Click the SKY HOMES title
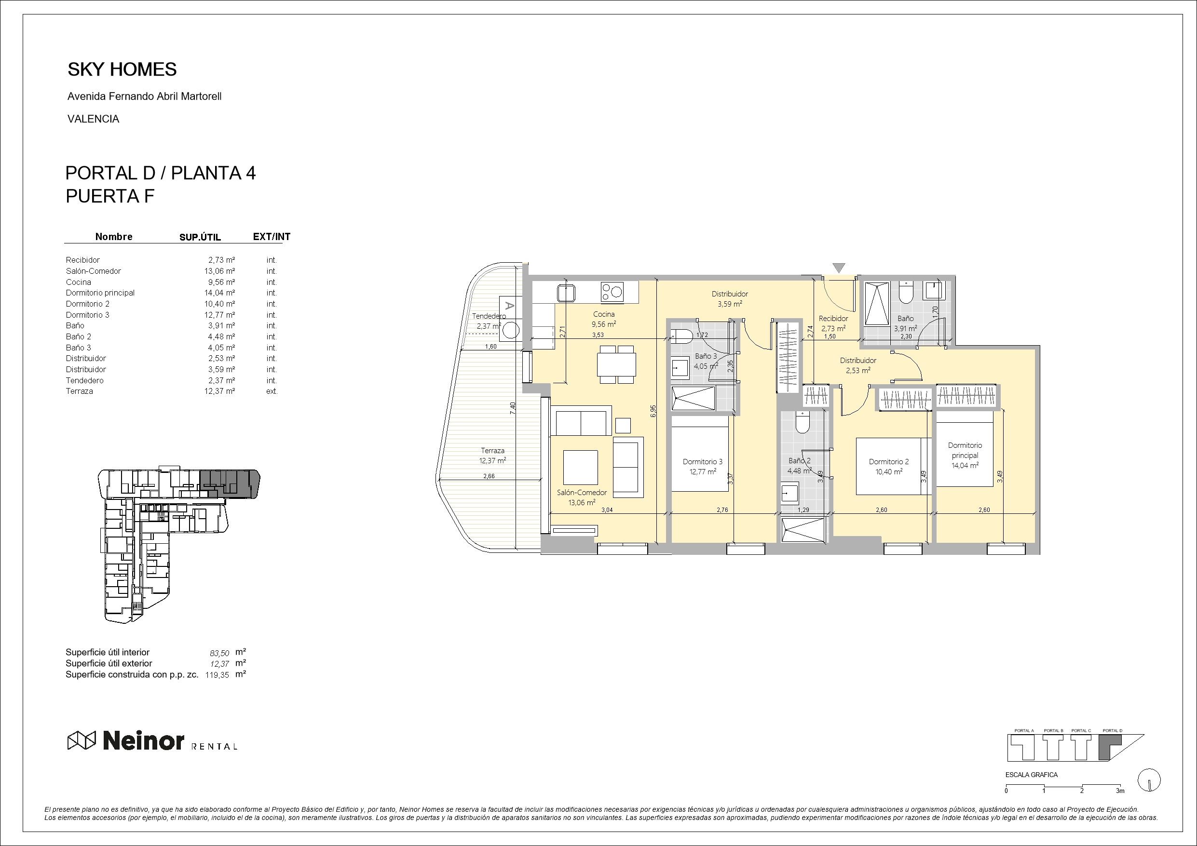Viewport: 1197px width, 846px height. tap(122, 69)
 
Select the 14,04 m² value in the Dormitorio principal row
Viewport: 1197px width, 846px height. tap(219, 293)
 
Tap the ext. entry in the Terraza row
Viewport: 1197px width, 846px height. tap(272, 391)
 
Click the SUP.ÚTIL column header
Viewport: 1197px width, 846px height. tap(200, 237)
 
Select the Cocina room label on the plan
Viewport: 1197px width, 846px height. tap(604, 314)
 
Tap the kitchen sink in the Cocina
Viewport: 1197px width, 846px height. tap(566, 293)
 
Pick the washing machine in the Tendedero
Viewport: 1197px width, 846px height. tap(510, 331)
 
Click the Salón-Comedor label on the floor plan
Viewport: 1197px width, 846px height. tap(581, 493)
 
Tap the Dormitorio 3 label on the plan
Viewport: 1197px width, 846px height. tap(702, 462)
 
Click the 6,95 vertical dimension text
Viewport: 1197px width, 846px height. tap(653, 411)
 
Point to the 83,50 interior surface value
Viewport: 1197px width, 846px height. tap(219, 653)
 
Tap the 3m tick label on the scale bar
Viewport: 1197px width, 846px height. tap(1120, 791)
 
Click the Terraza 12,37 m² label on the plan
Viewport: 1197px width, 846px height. tap(492, 456)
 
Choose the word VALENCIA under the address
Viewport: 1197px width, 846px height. tap(94, 119)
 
